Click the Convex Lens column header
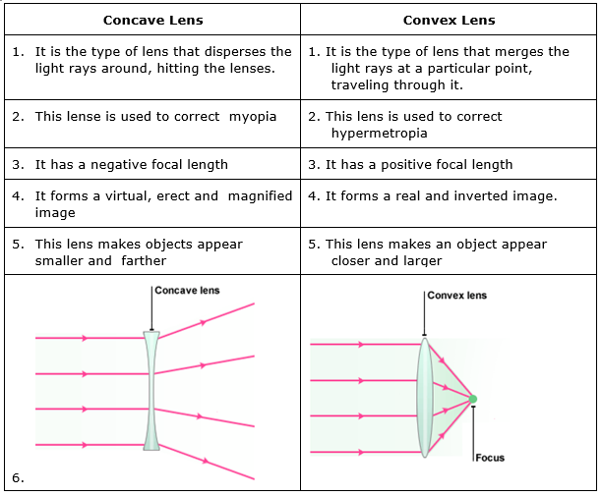point(450,21)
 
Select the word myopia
point(253,117)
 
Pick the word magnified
point(261,196)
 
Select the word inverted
point(478,196)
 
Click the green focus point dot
point(473,399)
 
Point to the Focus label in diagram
point(489,458)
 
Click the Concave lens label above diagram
point(188,291)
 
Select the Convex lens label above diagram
point(457,296)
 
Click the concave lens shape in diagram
point(151,391)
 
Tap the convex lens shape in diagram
point(424,398)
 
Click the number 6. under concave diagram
point(18,478)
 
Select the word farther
point(142,261)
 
